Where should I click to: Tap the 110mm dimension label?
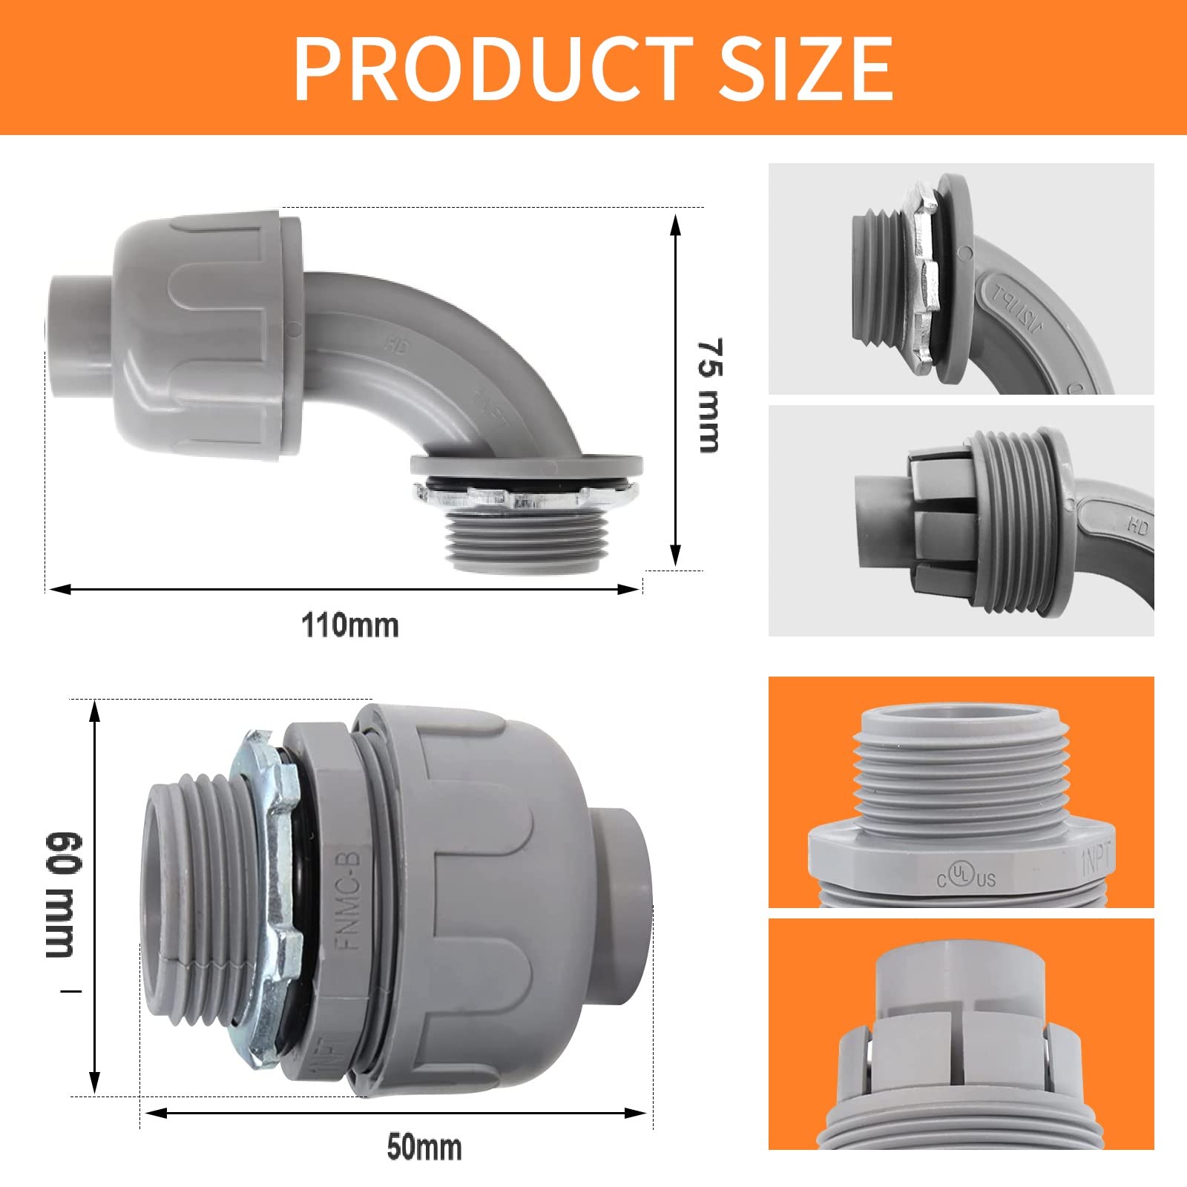point(350,625)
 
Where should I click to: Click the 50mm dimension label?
point(424,1147)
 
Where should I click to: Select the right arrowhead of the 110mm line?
point(631,590)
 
